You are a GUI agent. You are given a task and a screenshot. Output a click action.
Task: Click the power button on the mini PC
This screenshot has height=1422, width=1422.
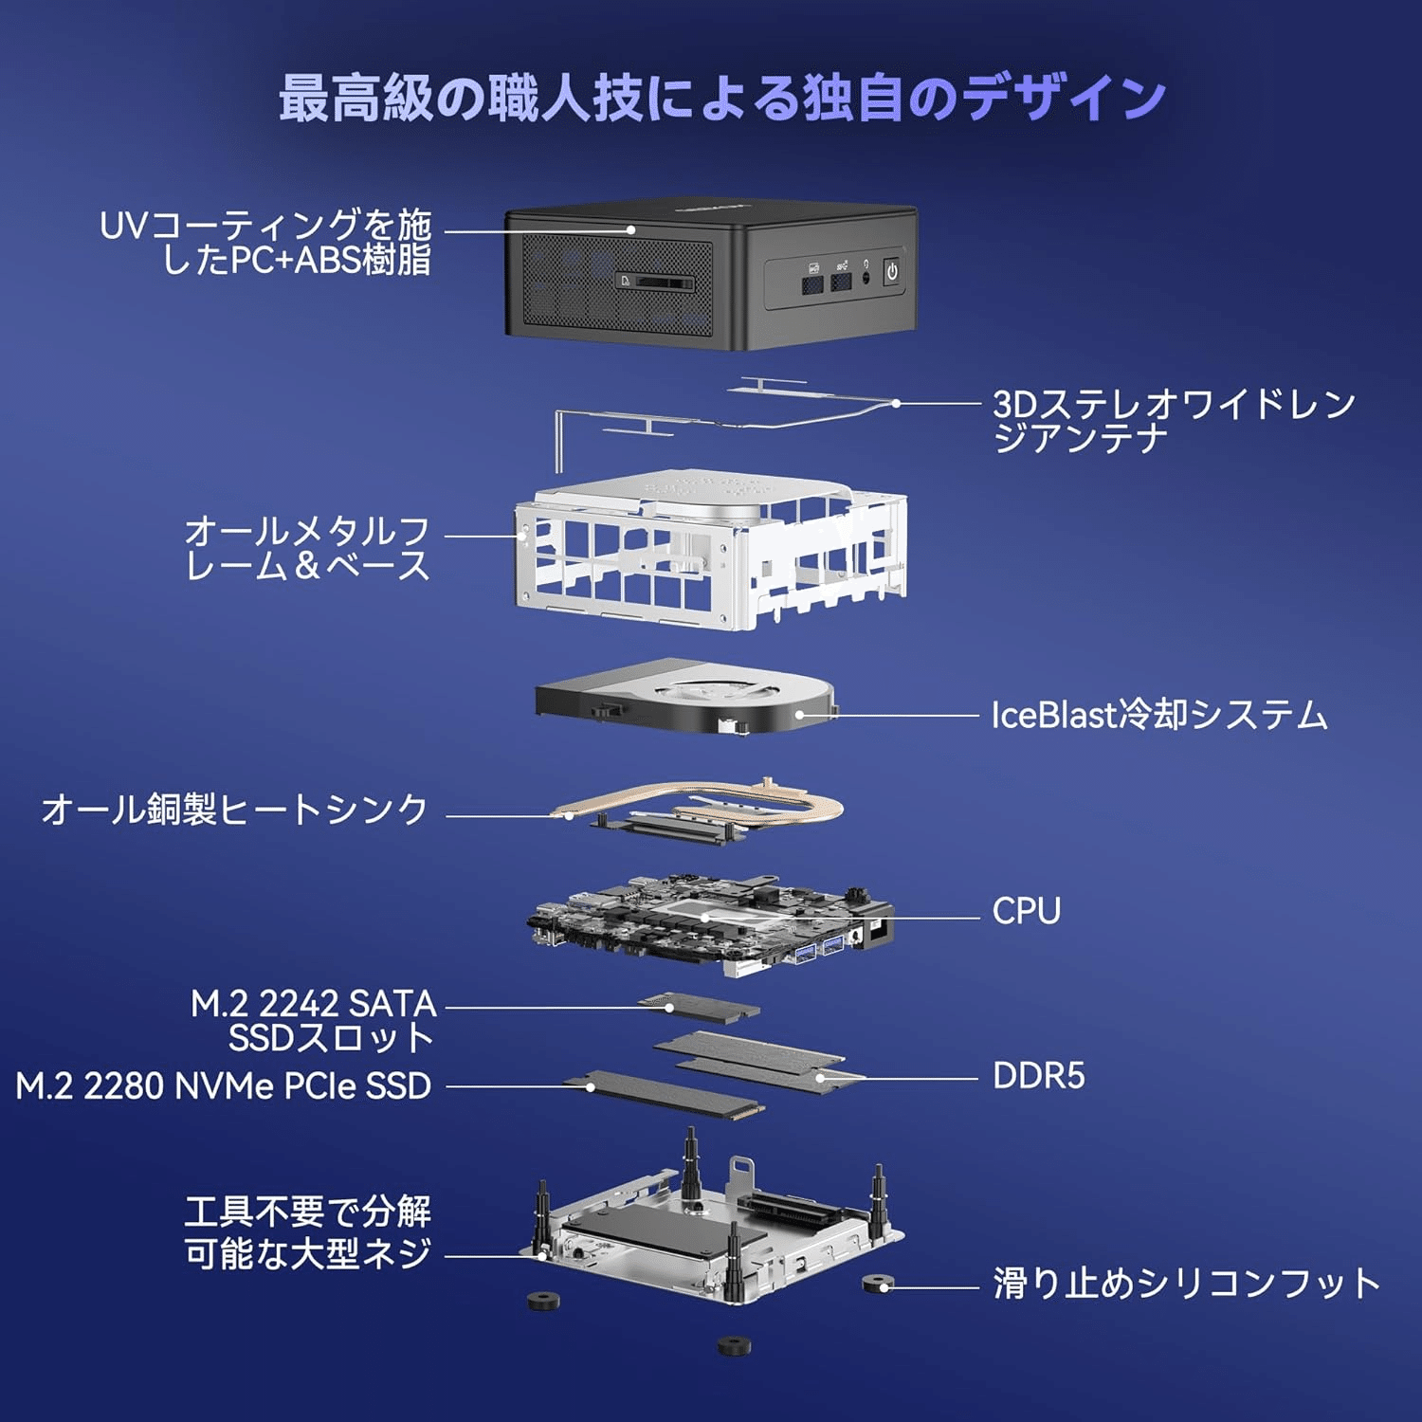click(x=891, y=272)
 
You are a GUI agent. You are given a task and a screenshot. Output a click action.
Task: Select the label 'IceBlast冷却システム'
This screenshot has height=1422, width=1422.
click(x=1158, y=715)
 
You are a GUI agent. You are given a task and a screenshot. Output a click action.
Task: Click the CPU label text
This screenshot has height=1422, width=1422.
click(x=1026, y=911)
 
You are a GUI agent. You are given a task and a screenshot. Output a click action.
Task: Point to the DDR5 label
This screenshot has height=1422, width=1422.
click(x=1038, y=1076)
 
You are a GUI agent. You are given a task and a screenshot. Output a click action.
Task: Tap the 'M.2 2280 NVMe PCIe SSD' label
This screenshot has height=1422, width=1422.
click(x=224, y=1086)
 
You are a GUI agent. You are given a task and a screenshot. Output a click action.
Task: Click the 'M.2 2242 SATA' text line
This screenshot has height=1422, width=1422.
click(x=313, y=1003)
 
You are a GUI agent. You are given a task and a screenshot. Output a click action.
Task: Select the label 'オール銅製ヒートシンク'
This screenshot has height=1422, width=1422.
click(x=234, y=810)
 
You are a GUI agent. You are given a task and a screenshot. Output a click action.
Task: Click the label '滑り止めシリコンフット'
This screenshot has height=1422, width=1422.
click(x=1186, y=1284)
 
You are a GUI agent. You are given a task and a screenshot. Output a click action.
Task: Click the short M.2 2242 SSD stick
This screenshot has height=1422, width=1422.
click(x=700, y=1008)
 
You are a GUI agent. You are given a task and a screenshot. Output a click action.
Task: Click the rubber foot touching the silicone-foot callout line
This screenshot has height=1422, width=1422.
click(x=877, y=1284)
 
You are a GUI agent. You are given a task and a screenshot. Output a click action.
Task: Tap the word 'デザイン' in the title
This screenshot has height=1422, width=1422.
click(x=1062, y=98)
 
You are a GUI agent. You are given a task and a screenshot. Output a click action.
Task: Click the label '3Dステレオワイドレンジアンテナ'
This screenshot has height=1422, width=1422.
click(x=1174, y=421)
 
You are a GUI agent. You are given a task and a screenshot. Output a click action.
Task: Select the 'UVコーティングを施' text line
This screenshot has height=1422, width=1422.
click(x=265, y=226)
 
